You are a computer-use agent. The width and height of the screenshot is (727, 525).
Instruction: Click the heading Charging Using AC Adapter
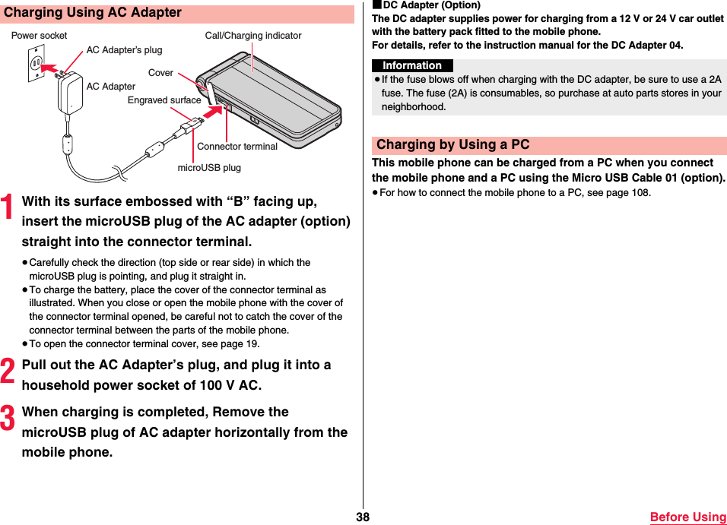93,13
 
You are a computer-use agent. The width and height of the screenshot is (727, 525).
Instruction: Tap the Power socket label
39,36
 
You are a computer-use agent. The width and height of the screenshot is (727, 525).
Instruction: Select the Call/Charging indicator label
253,36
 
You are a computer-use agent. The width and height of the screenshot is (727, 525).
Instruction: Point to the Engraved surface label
164,100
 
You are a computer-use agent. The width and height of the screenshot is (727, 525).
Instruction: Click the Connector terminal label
237,147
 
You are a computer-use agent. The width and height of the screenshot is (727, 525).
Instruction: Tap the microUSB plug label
209,167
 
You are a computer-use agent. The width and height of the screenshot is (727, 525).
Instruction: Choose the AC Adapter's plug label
124,50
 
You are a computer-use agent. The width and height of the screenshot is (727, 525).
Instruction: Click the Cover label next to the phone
160,73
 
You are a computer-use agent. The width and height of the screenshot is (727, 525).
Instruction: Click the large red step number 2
8,372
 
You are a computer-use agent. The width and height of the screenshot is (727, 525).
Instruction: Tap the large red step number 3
8,419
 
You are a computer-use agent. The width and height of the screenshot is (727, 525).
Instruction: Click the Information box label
412,66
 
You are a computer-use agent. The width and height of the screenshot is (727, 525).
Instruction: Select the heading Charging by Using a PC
453,145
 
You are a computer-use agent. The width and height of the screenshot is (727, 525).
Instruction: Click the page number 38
363,517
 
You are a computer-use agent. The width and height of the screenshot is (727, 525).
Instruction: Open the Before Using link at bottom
687,517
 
